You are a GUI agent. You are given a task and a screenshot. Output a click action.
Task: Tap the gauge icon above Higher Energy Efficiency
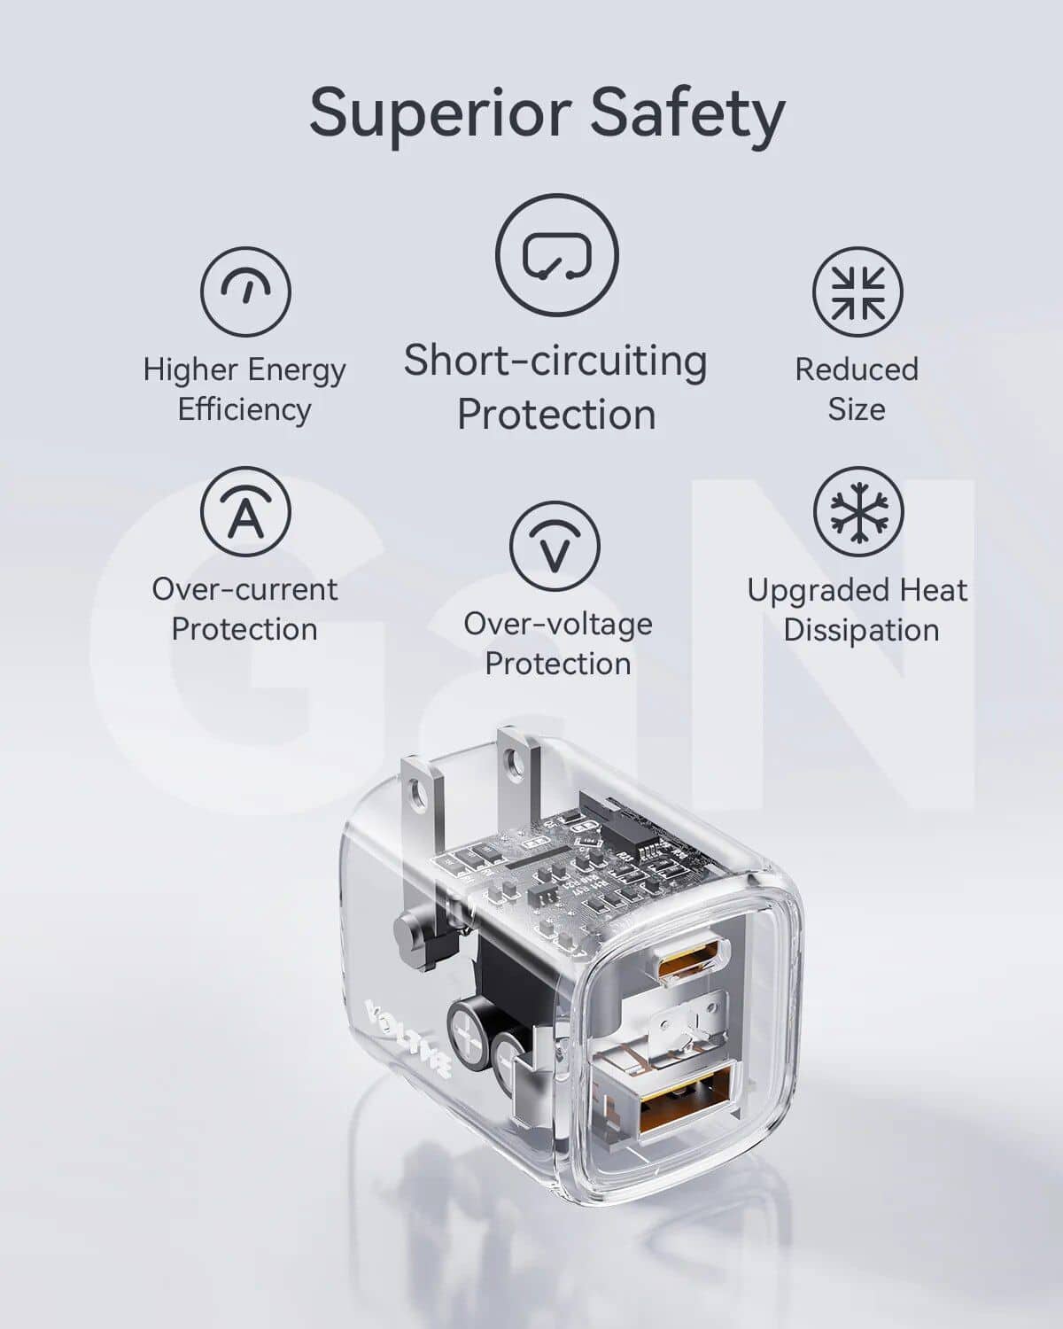(x=244, y=291)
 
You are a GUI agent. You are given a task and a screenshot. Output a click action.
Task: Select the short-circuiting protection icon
(x=556, y=255)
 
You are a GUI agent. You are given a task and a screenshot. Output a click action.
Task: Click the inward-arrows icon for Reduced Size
(x=857, y=291)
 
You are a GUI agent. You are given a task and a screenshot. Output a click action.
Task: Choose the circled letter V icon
(x=555, y=546)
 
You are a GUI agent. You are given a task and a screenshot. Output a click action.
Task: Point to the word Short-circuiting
(x=555, y=361)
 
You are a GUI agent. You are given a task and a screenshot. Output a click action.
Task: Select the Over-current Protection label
(x=244, y=610)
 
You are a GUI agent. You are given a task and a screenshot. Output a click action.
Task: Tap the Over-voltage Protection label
(x=557, y=644)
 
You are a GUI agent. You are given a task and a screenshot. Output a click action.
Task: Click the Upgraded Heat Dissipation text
(x=857, y=610)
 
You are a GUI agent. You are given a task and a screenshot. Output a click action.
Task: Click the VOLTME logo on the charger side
(x=408, y=1038)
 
